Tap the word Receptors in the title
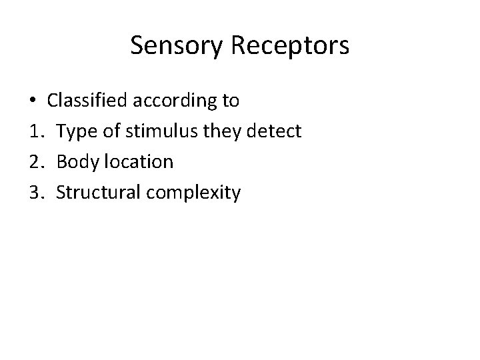point(292,46)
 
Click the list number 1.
point(35,132)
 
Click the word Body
point(76,162)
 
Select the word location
point(137,162)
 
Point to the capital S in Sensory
point(138,46)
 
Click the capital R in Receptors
point(241,46)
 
